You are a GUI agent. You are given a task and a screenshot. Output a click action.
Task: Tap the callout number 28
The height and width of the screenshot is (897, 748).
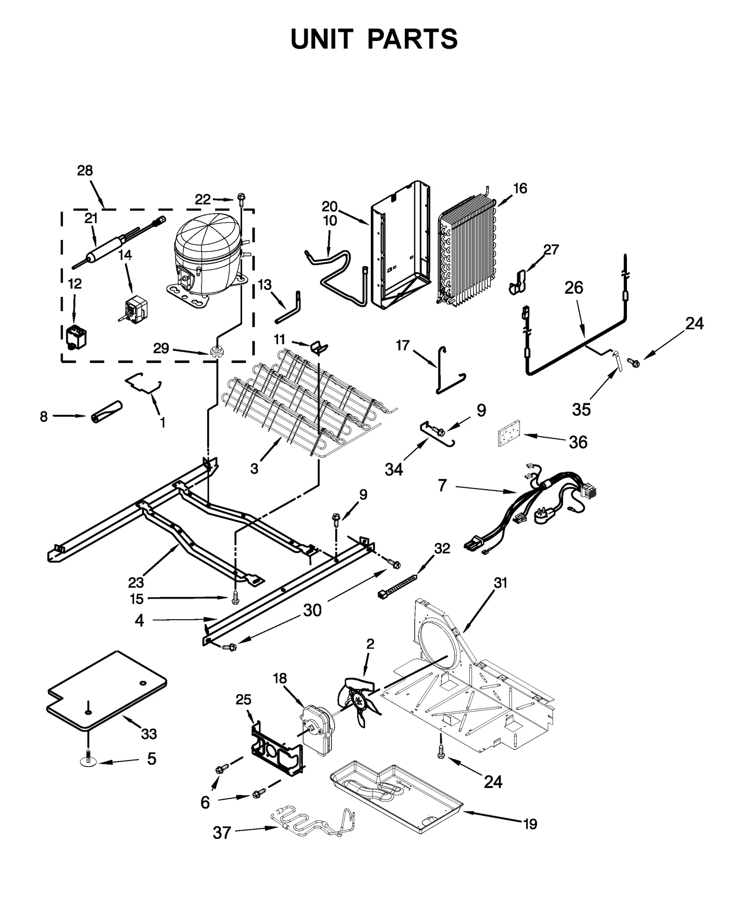85,171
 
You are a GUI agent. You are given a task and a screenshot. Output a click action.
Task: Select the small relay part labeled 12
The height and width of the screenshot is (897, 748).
76,337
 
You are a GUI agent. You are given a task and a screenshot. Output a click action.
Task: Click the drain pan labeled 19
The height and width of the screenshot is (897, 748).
397,800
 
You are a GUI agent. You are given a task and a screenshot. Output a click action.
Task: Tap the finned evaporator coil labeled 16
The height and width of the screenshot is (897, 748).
467,253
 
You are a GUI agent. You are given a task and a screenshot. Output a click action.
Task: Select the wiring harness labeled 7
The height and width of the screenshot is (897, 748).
538,510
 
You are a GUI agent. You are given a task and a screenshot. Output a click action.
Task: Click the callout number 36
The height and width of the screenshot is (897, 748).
578,442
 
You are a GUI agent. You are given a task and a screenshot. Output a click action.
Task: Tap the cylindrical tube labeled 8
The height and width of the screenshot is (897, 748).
105,412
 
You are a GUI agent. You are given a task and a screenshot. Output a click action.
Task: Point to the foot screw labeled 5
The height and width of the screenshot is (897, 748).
88,761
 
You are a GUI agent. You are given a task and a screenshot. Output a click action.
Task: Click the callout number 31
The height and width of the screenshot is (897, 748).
500,583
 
